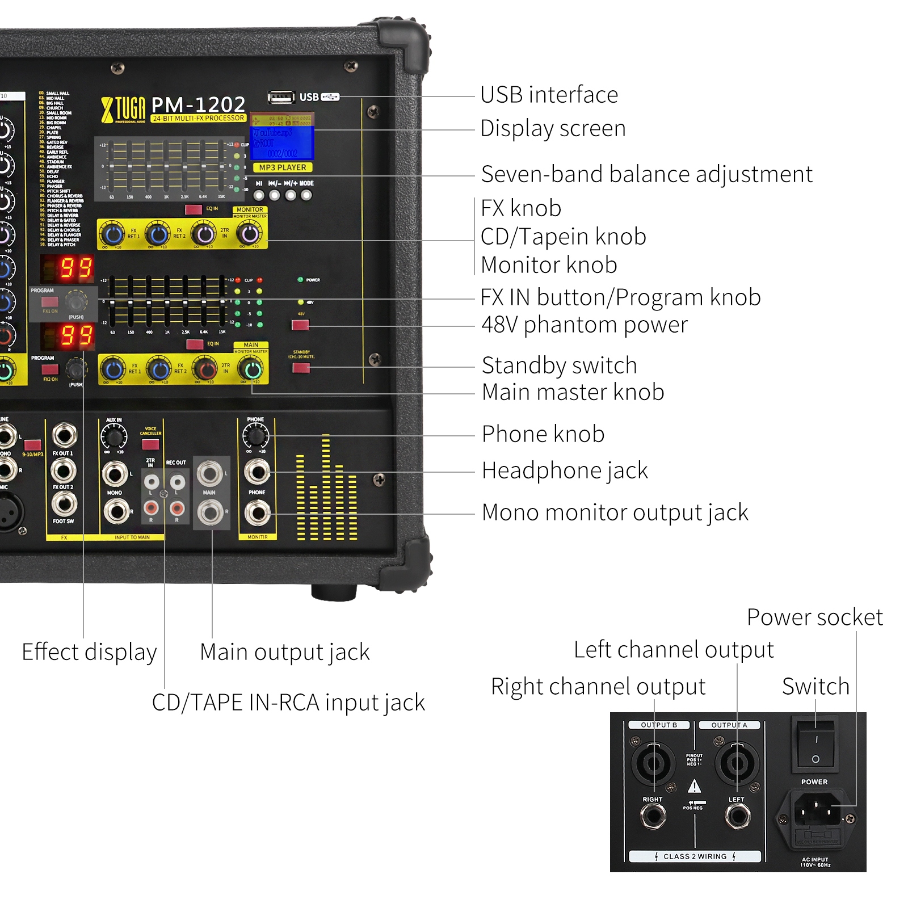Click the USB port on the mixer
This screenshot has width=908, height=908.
(x=281, y=98)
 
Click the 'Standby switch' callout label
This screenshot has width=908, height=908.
(x=559, y=365)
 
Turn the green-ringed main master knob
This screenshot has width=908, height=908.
(x=252, y=370)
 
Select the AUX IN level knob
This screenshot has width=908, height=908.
(x=114, y=438)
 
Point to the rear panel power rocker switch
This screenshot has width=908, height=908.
(x=815, y=744)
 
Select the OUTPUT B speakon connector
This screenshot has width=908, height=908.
(x=654, y=763)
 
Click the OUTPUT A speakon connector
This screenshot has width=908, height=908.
(x=737, y=763)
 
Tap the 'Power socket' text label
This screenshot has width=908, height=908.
(x=814, y=617)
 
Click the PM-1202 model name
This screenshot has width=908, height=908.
(x=198, y=104)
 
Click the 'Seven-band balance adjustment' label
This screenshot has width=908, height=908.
(x=646, y=174)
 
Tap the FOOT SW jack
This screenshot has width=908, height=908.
(x=64, y=503)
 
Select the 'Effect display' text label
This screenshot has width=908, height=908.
(x=89, y=652)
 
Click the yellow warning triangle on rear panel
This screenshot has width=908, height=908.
(x=694, y=787)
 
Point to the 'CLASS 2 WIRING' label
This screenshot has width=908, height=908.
(x=695, y=856)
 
